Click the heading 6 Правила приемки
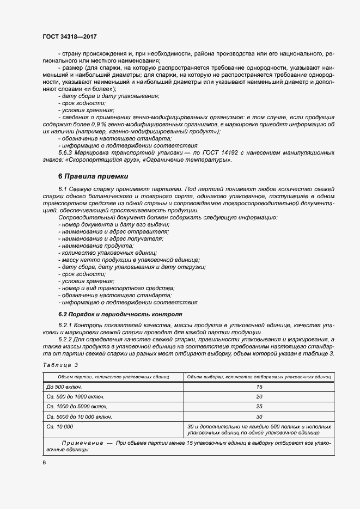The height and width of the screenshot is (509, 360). [93, 176]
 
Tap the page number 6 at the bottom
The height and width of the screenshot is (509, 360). [44, 462]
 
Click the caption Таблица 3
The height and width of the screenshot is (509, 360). [60, 365]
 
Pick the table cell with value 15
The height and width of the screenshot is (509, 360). [259, 387]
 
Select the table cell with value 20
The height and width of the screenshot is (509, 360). [259, 396]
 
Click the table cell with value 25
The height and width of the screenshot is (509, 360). [259, 407]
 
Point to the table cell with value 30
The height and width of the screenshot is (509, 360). [259, 416]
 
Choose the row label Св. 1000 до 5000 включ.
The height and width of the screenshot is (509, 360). [77, 407]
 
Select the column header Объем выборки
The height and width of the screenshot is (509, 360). [259, 376]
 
